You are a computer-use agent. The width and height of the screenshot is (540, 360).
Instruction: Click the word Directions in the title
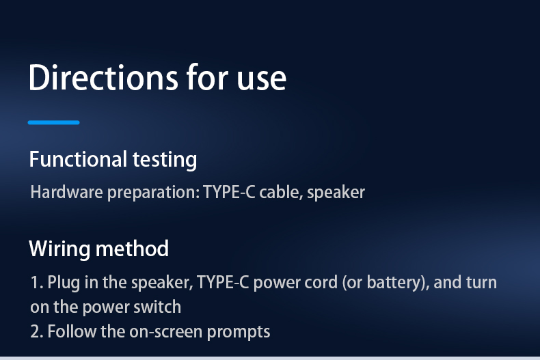pos(103,77)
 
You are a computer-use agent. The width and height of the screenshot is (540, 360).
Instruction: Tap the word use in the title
pos(262,81)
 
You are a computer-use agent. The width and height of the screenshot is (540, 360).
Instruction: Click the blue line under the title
pos(54,122)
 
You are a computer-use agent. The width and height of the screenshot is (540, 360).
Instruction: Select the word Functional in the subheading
pos(78,159)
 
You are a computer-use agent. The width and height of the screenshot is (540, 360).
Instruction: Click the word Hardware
pos(66,192)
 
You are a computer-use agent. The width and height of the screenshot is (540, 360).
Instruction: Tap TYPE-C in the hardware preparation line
pos(230,192)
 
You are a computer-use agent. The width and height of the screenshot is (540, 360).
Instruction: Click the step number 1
pos(36,283)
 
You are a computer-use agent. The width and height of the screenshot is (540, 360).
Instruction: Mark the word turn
pos(481,283)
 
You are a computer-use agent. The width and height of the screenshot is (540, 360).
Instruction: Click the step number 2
pos(36,332)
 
